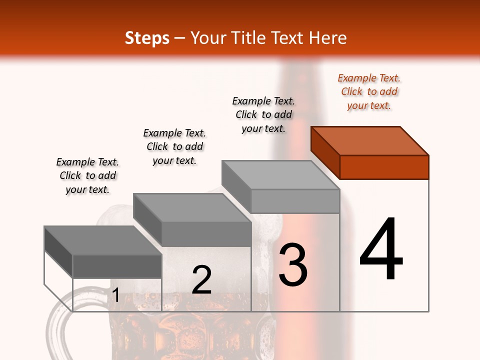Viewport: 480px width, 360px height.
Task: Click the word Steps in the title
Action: (x=147, y=38)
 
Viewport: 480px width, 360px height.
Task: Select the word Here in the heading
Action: (x=328, y=38)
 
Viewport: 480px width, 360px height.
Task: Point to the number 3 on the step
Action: (x=293, y=265)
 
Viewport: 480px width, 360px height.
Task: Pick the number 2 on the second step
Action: (x=201, y=280)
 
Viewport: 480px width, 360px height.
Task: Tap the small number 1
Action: (x=115, y=295)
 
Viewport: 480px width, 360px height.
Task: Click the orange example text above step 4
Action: (x=369, y=91)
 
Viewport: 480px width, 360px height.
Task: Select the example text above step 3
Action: (x=263, y=114)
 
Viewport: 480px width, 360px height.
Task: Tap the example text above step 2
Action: (x=174, y=146)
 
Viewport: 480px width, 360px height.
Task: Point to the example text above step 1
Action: (x=87, y=175)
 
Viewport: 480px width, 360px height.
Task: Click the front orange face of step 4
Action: (x=384, y=167)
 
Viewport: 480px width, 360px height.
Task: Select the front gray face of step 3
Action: (x=295, y=201)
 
